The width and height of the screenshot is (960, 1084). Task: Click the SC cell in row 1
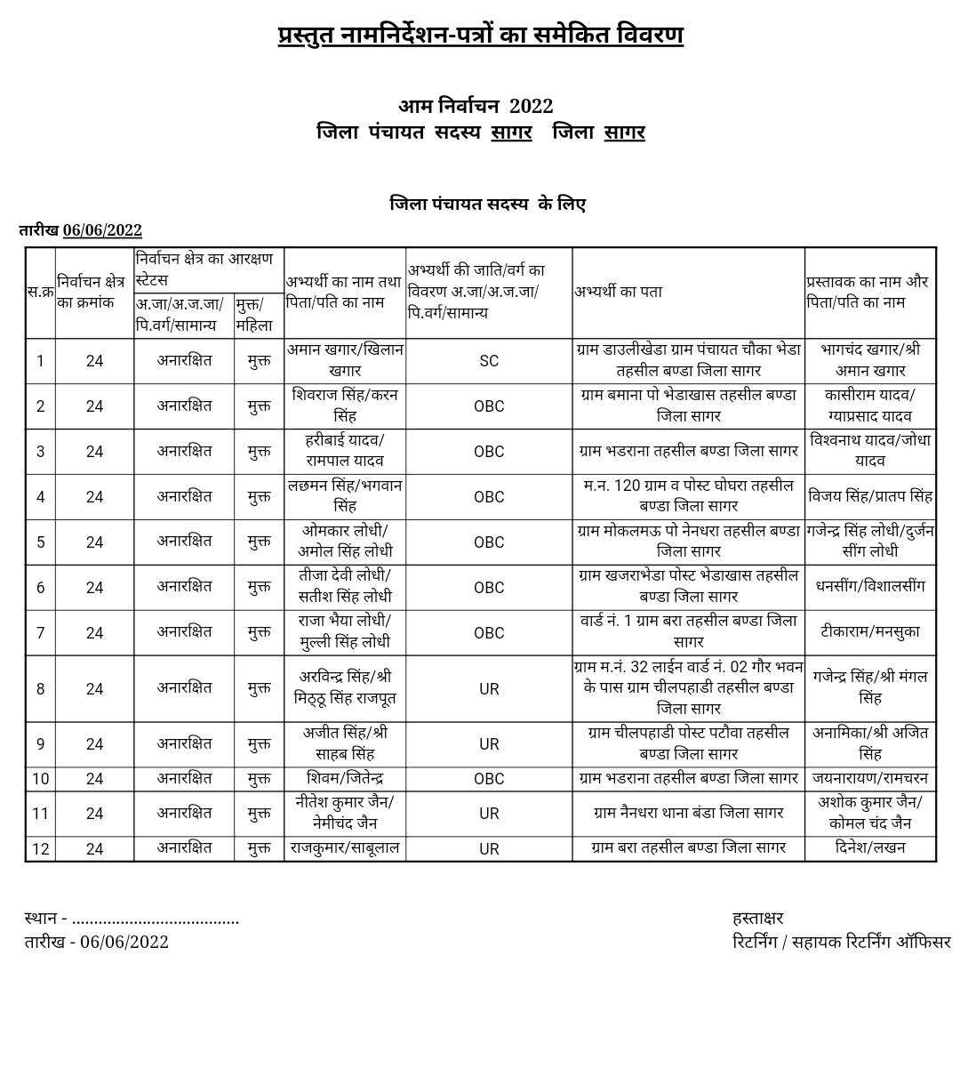coord(489,361)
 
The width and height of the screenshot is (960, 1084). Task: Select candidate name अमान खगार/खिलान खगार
coord(345,360)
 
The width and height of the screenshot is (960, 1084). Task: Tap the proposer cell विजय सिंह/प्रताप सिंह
coord(870,496)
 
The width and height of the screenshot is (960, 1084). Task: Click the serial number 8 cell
coord(40,688)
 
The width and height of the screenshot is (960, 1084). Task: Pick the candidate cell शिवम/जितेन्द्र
coord(345,778)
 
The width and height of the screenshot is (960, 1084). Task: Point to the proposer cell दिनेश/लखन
coord(870,848)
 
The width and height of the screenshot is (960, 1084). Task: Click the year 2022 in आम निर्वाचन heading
coord(532,106)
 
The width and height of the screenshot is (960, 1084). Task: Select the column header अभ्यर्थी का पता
coord(618,292)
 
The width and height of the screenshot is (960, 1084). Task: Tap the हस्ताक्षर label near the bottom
coord(758,918)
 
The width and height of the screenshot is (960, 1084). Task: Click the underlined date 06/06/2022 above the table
coord(102,230)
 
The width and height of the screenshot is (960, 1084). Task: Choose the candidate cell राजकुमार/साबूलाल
coord(345,848)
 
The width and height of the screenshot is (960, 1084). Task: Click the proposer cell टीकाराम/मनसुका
coord(870,631)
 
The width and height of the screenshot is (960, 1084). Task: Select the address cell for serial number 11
coord(688,813)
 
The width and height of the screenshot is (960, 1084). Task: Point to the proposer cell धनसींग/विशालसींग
coord(870,586)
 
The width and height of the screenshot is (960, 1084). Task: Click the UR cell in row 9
coord(489,743)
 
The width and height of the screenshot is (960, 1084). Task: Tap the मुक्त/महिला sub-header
coord(254,315)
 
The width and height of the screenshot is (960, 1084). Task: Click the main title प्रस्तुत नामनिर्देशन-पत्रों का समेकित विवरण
coord(480,36)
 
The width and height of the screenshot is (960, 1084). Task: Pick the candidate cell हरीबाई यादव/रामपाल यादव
coord(345,451)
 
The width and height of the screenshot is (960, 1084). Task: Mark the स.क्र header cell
coord(40,292)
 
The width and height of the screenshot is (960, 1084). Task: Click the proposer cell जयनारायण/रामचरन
coord(870,778)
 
